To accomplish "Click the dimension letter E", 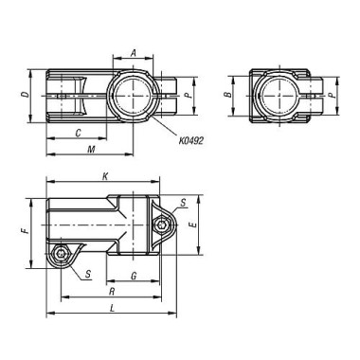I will click(x=193, y=226).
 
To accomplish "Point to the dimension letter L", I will click(x=112, y=309).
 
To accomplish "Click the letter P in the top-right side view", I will click(x=330, y=96).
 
